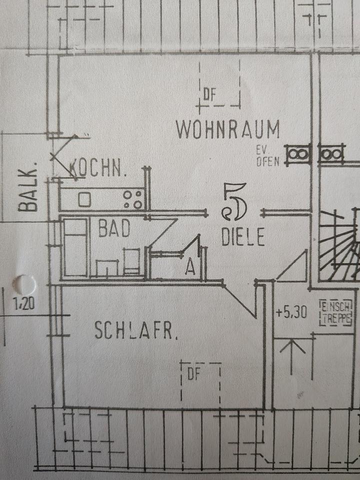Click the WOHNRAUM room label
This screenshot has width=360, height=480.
click(228, 130)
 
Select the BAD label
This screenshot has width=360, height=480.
click(114, 229)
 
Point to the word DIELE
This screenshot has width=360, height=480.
click(243, 237)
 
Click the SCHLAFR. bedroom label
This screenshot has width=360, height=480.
click(136, 331)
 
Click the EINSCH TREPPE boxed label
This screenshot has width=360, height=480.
click(336, 312)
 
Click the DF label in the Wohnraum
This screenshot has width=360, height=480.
click(209, 94)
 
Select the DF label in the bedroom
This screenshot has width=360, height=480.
click(193, 374)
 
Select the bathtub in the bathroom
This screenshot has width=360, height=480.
click(75, 247)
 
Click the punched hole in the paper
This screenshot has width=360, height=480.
click(23, 285)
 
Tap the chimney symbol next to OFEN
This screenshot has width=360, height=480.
click(298, 154)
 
